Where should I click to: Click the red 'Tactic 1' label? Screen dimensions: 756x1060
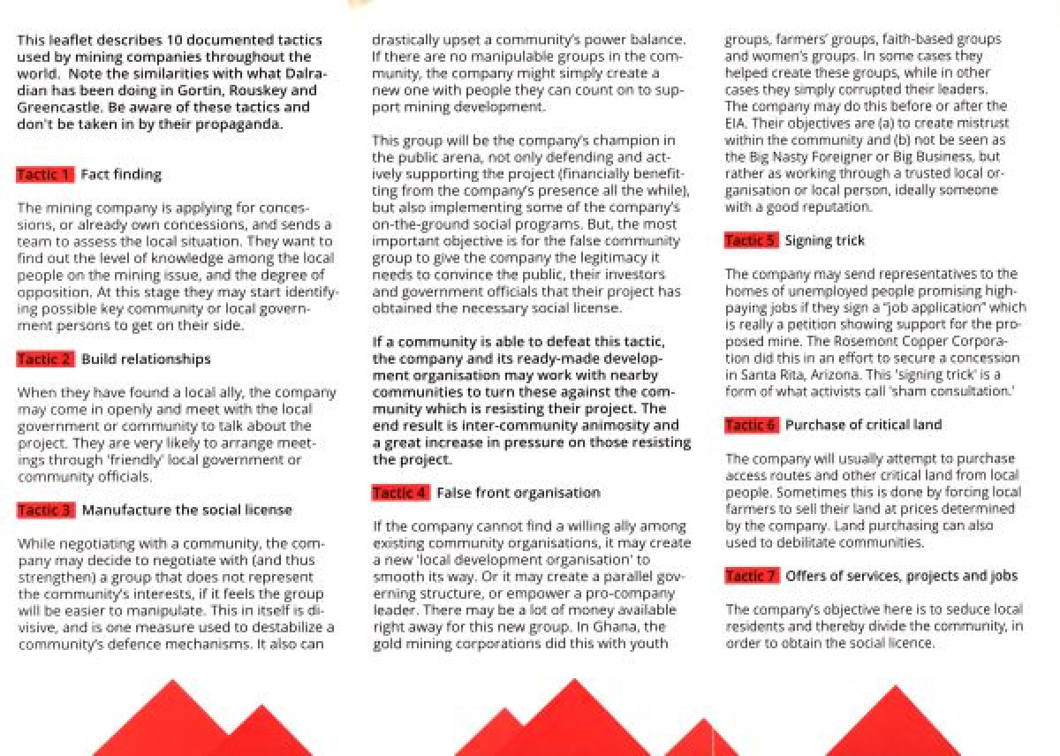coord(45,175)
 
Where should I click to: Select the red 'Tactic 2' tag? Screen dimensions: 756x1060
coord(45,359)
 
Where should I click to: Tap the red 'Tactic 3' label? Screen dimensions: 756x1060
coord(45,510)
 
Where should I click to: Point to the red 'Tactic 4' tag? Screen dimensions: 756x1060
coord(401,493)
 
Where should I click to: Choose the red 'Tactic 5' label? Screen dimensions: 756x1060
coord(751,241)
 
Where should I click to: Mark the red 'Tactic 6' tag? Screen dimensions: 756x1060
coord(751,426)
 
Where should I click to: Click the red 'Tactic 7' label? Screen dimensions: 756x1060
coord(751,577)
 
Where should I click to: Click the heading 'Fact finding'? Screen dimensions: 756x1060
coord(121,175)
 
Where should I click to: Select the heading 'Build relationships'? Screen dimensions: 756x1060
coord(146,359)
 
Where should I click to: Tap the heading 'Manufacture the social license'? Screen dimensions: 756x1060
coord(186,510)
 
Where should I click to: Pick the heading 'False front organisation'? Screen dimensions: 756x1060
coord(518,493)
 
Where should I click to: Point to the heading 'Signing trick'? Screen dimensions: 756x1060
coord(824,241)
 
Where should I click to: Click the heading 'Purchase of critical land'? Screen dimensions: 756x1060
coord(863,426)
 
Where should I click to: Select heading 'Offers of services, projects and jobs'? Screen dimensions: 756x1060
coord(901,577)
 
